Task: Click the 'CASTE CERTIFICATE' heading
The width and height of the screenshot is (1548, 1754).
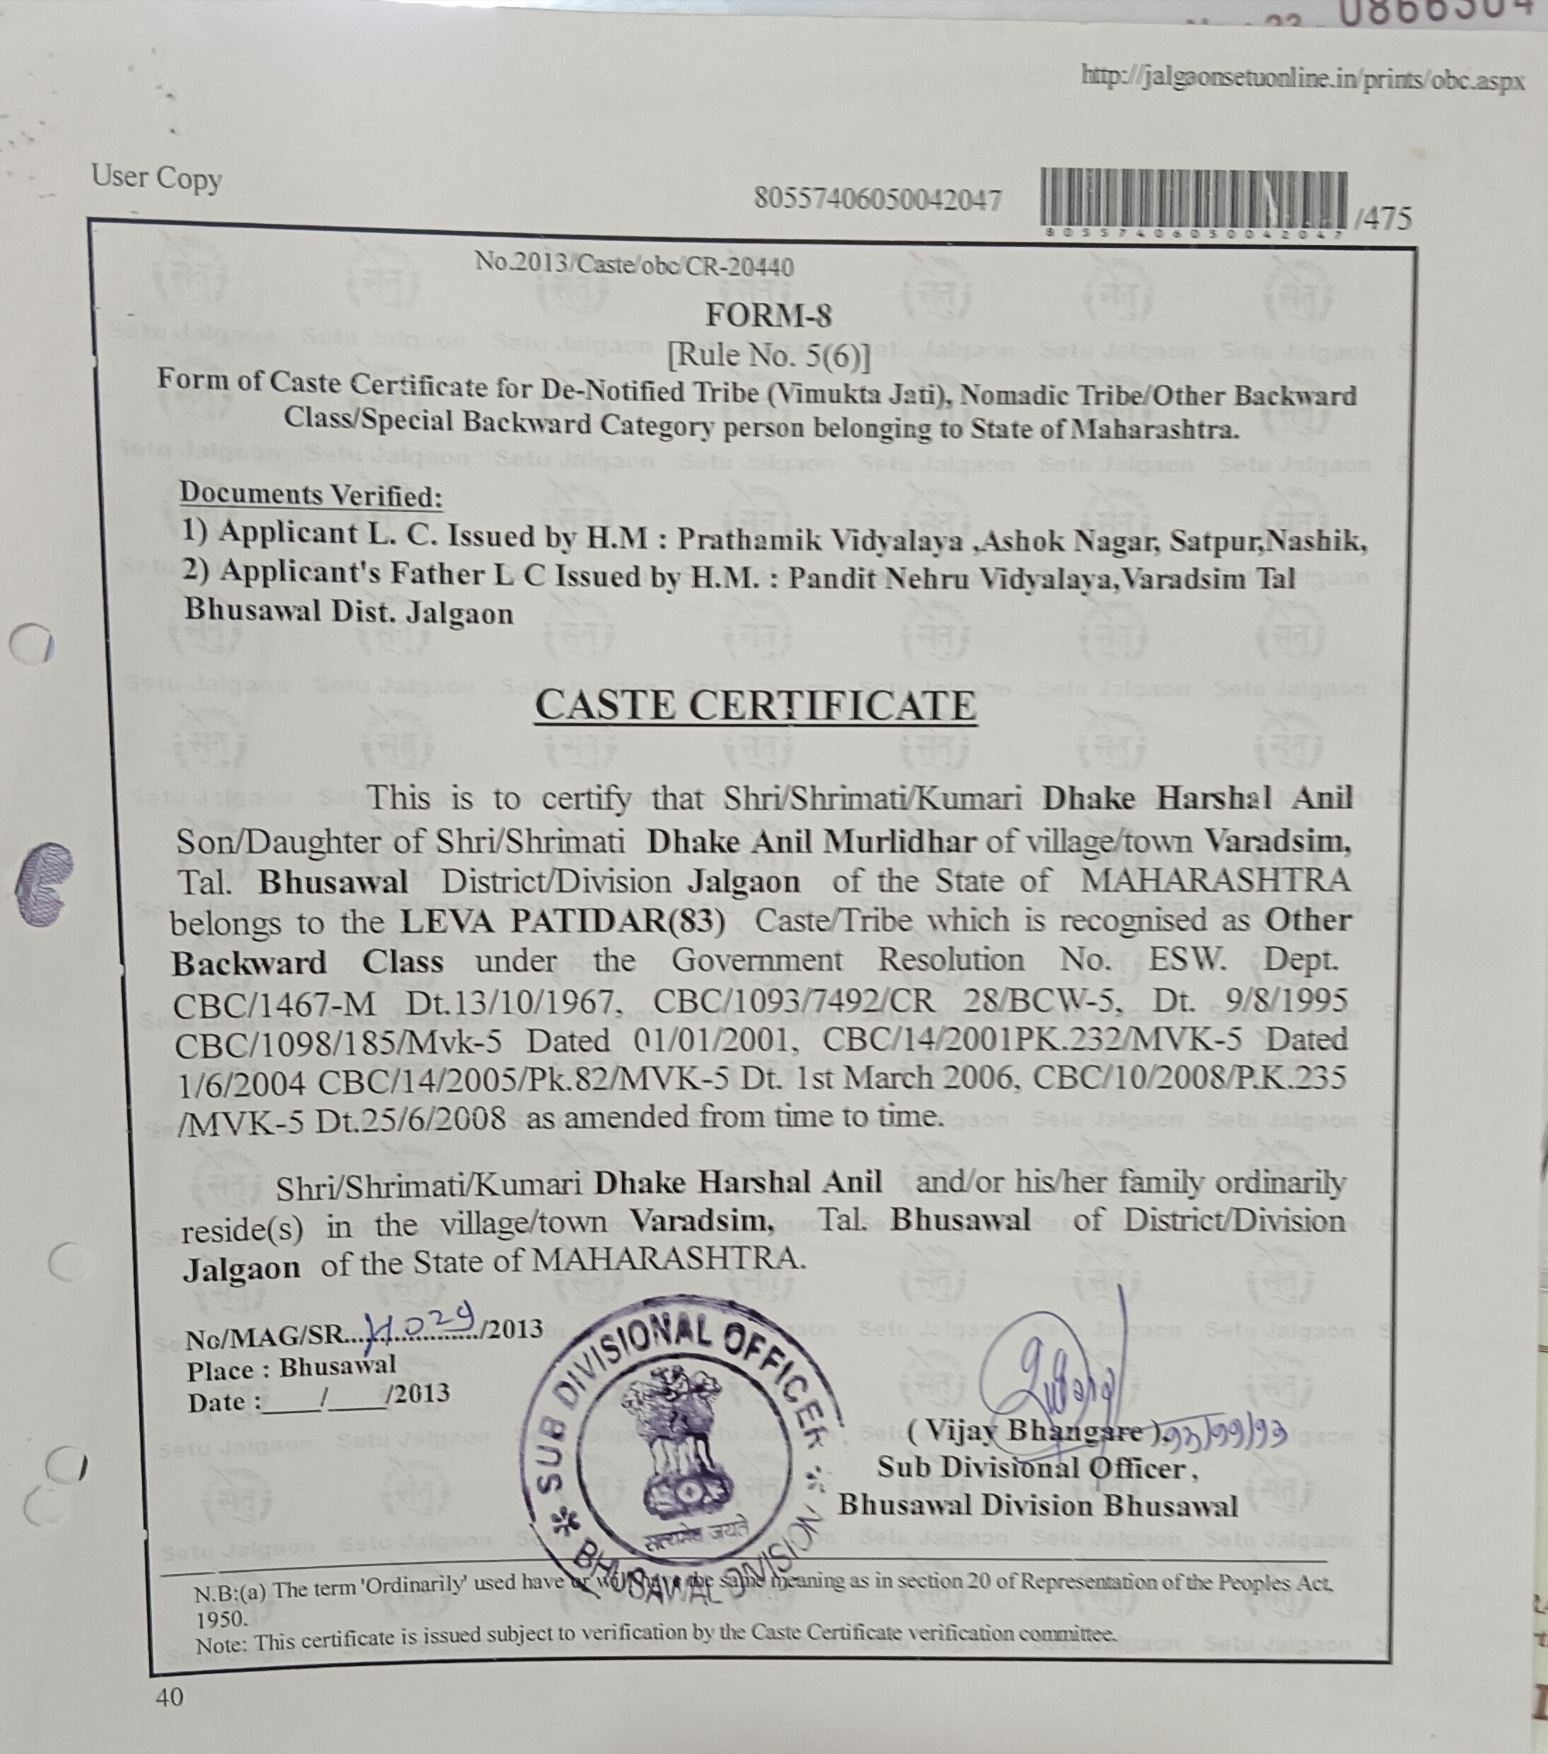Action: pyautogui.click(x=755, y=706)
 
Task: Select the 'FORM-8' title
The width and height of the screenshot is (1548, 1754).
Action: pyautogui.click(x=768, y=316)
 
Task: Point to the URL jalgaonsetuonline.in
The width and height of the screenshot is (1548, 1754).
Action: pyautogui.click(x=1302, y=79)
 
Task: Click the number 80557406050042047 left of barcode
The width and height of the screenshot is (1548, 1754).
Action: pyautogui.click(x=877, y=199)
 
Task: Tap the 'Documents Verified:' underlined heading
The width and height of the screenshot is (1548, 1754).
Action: pyautogui.click(x=311, y=495)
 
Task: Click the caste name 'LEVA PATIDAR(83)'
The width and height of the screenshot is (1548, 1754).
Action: pyautogui.click(x=562, y=921)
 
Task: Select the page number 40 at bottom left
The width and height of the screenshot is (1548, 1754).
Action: pyautogui.click(x=169, y=1697)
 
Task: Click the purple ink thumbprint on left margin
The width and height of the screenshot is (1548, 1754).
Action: pyautogui.click(x=43, y=885)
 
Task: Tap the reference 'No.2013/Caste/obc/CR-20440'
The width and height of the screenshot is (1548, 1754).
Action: pyautogui.click(x=634, y=264)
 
